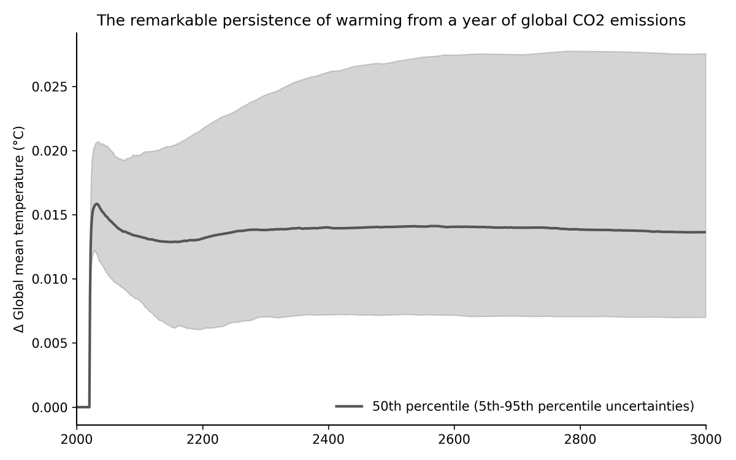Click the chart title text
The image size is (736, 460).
tap(391, 20)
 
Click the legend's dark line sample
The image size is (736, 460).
tap(350, 407)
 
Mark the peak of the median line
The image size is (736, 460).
tap(97, 204)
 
